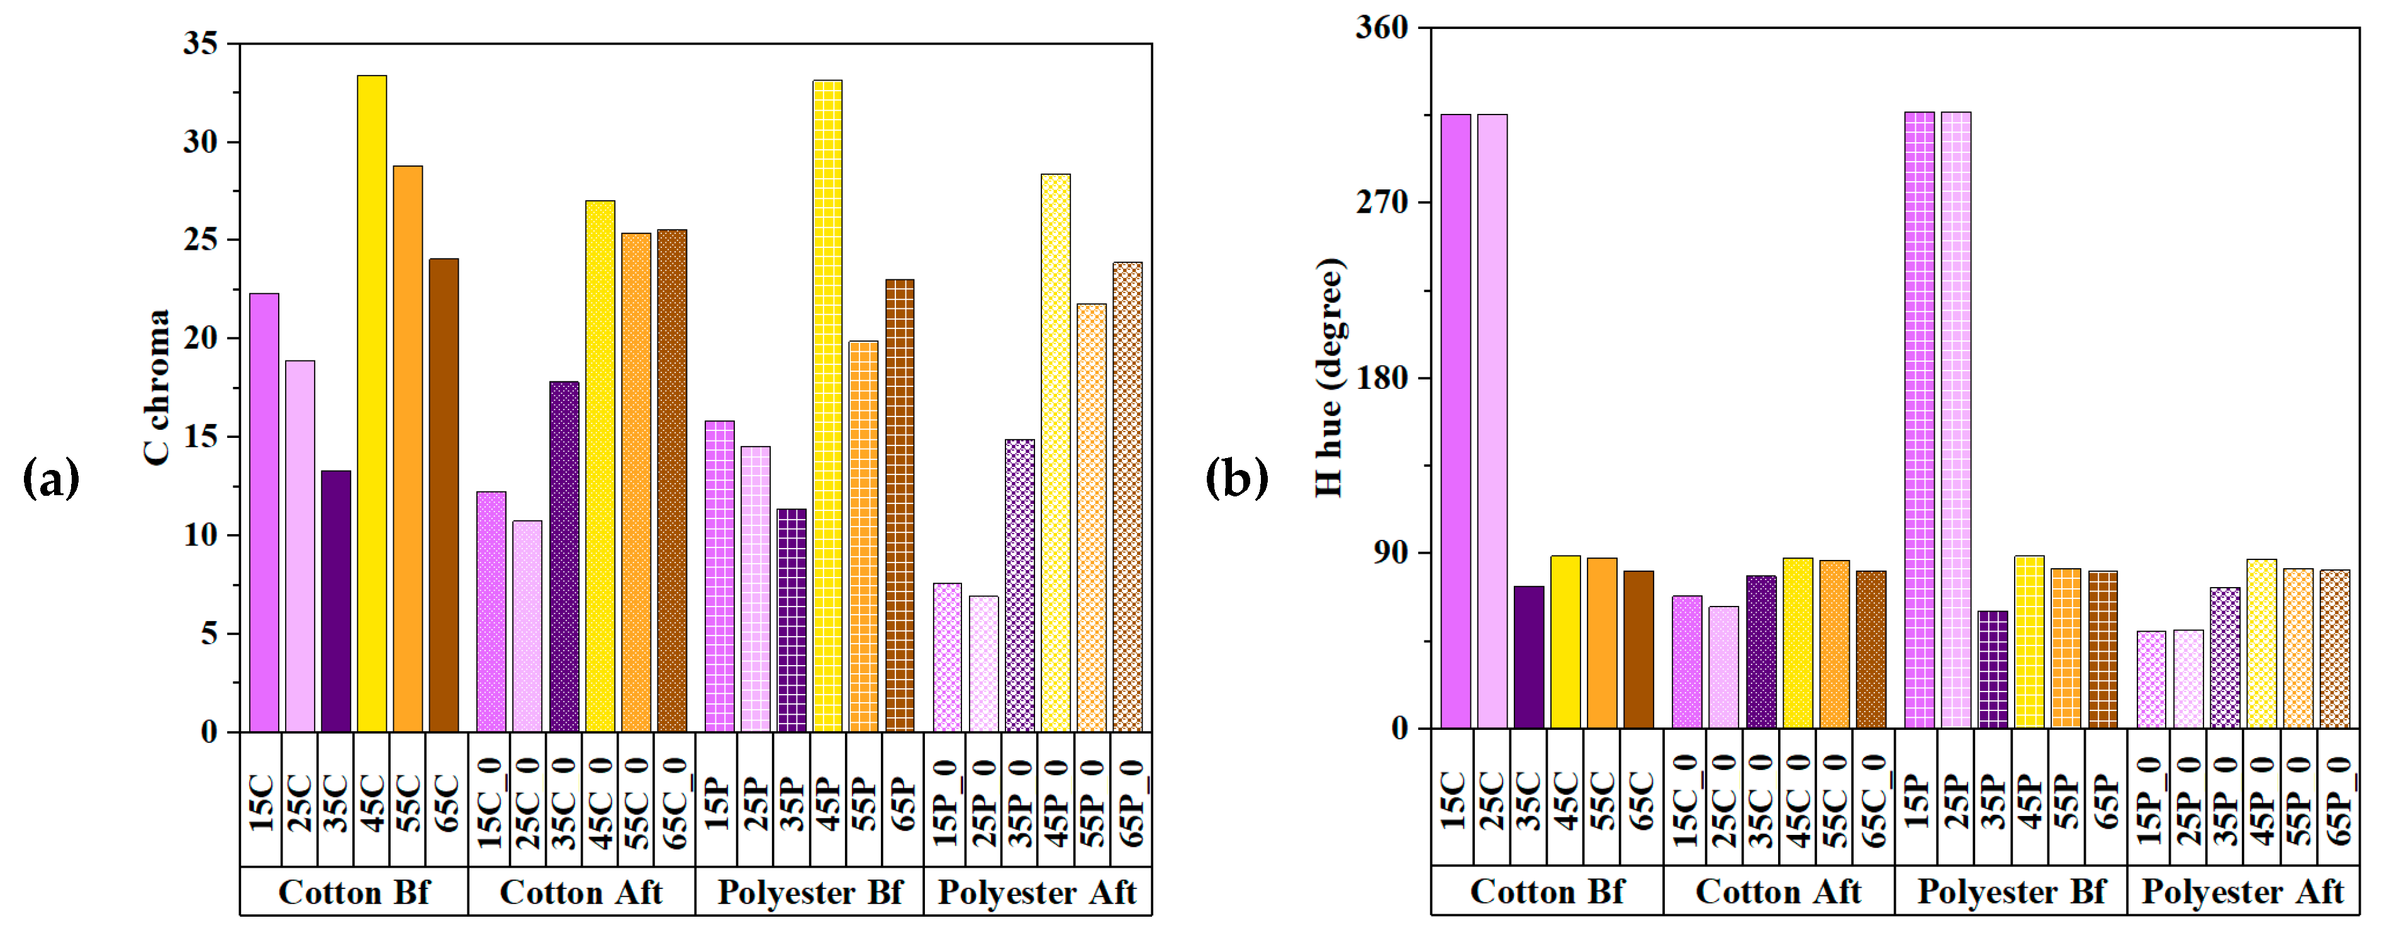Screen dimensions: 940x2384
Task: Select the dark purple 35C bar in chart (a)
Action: pyautogui.click(x=336, y=601)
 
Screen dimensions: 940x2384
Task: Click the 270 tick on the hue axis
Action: pyautogui.click(x=1381, y=202)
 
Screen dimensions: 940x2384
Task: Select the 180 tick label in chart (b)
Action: pyautogui.click(x=1381, y=378)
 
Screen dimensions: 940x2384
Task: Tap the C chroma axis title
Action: pyautogui.click(x=157, y=387)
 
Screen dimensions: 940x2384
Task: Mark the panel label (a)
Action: pyautogui.click(x=51, y=478)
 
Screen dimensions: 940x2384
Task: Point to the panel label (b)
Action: pyautogui.click(x=1236, y=478)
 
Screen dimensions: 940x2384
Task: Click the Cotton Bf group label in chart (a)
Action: pyautogui.click(x=354, y=893)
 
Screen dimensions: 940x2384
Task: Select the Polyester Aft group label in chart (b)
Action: pyautogui.click(x=2242, y=892)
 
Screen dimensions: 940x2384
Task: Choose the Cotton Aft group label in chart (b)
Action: pyautogui.click(x=1778, y=892)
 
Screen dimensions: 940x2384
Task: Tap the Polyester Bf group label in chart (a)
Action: pyautogui.click(x=810, y=893)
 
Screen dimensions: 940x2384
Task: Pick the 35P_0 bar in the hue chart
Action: pyautogui.click(x=2225, y=658)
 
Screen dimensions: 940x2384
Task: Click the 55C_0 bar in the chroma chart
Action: pyautogui.click(x=635, y=482)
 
